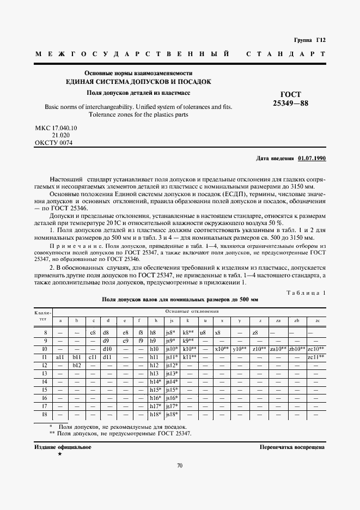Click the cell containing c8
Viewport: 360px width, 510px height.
[93, 332]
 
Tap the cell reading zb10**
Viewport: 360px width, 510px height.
[297, 349]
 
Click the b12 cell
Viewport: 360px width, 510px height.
[77, 365]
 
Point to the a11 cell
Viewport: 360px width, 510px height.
[60, 357]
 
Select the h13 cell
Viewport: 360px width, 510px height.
[156, 373]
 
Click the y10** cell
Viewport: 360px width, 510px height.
[240, 349]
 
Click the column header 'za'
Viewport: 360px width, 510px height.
[279, 320]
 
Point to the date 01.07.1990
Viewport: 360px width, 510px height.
[312, 159]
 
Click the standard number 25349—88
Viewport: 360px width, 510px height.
[290, 103]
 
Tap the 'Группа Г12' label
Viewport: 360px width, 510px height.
[309, 40]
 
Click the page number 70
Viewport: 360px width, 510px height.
[180, 465]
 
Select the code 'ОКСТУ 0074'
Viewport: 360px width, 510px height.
[53, 143]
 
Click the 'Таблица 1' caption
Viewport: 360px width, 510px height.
[306, 293]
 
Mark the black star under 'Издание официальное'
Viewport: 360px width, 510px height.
[59, 453]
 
